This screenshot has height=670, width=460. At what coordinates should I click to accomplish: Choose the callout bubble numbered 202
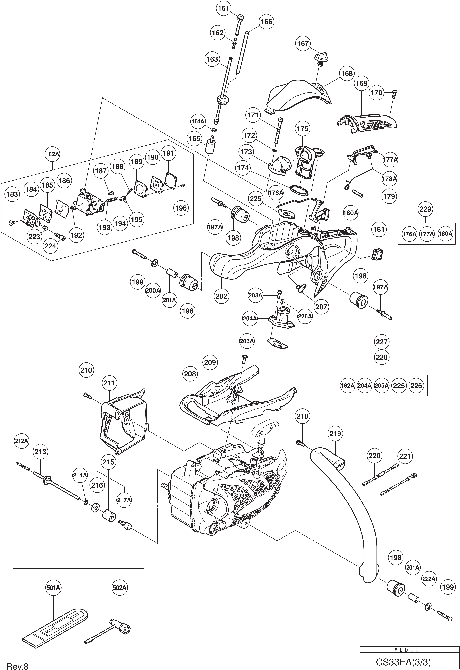(222, 296)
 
